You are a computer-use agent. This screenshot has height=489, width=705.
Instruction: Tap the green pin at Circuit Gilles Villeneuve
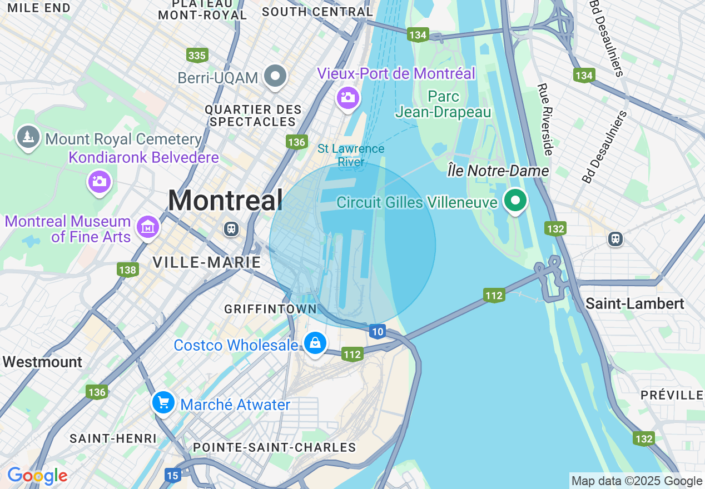coord(515,201)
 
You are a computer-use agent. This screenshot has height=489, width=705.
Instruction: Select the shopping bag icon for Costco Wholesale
coord(315,344)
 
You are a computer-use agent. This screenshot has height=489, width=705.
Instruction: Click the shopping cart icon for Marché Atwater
coord(163,403)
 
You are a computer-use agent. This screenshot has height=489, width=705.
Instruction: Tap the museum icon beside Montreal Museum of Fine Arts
coord(148,227)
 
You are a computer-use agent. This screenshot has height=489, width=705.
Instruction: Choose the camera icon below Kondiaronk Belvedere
coord(100,182)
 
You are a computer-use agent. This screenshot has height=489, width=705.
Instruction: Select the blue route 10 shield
coord(378,332)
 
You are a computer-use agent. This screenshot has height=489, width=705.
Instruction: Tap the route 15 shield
coord(173,475)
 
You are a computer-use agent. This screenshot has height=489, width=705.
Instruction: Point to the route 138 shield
coord(127,270)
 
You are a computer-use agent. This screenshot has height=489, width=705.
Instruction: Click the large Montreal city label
coord(225,200)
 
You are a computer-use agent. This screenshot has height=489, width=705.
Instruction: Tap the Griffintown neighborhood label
coord(270,309)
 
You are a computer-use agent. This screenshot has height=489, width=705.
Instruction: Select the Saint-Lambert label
coord(634,303)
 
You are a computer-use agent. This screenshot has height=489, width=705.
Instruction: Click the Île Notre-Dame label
coord(498,171)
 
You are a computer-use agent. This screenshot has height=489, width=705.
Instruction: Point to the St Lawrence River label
coord(351,155)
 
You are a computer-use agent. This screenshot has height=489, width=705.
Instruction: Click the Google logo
coord(37,476)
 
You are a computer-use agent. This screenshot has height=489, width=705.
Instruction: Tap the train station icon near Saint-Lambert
coord(615,239)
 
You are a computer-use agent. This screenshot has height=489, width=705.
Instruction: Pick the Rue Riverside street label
coord(545,119)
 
